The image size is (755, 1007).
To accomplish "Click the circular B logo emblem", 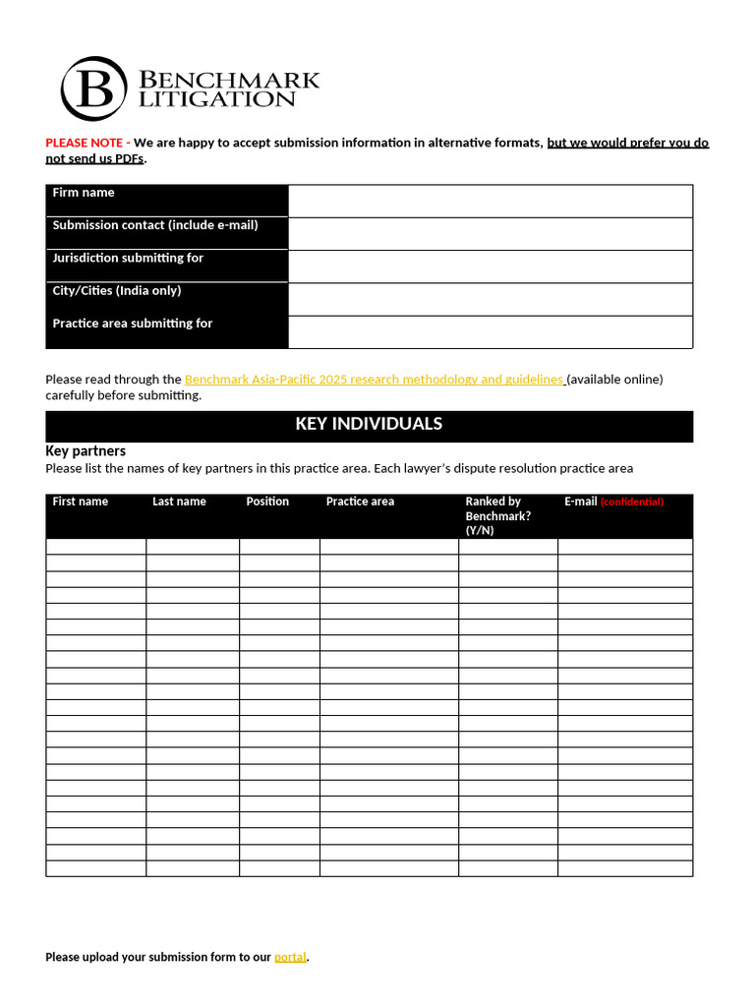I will coord(93,89).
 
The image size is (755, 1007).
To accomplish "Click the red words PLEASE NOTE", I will coord(84,143).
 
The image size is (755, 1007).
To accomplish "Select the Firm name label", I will coord(84,193).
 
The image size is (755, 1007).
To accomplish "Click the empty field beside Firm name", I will coord(491,201).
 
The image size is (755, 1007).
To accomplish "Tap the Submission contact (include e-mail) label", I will coord(155,225).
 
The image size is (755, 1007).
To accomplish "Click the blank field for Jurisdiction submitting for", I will coord(491,267).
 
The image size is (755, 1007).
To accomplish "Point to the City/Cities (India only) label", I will coord(117,291).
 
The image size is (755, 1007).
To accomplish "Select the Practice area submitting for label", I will coord(133,324).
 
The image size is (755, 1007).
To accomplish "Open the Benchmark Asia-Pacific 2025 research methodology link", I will coord(374,380).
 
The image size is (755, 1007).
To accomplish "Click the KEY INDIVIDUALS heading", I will coord(369,424).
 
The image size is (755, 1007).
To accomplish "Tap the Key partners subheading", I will coord(86,450).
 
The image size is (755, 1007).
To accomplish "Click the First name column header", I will coord(81,502).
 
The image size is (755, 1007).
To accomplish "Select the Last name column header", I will coord(179,502).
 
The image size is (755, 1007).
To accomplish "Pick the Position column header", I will coord(267,502).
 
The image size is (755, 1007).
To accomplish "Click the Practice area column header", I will coord(360,502).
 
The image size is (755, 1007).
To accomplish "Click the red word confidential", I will coord(631,502).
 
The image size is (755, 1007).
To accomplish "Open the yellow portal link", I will coord(290,957).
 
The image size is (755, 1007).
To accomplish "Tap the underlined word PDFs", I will coord(130,159).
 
